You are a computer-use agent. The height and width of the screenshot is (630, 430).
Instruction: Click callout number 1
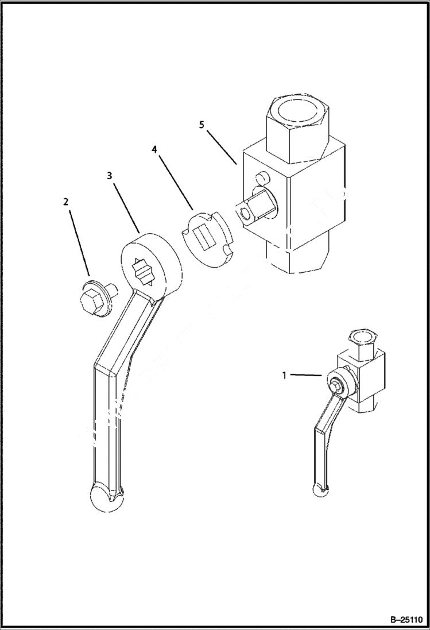[x=284, y=375]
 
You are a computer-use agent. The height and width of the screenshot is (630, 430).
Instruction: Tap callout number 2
[x=65, y=202]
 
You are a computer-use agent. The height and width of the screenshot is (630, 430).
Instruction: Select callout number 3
[x=109, y=176]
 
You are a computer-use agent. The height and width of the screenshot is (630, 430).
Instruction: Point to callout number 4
[x=154, y=149]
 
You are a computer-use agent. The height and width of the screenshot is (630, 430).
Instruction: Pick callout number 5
[x=202, y=125]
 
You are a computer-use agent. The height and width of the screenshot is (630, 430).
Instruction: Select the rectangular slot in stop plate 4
[x=202, y=235]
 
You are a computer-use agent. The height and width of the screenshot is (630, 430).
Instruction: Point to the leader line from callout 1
[x=304, y=375]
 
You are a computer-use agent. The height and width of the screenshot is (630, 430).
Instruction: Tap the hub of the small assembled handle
[x=336, y=384]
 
